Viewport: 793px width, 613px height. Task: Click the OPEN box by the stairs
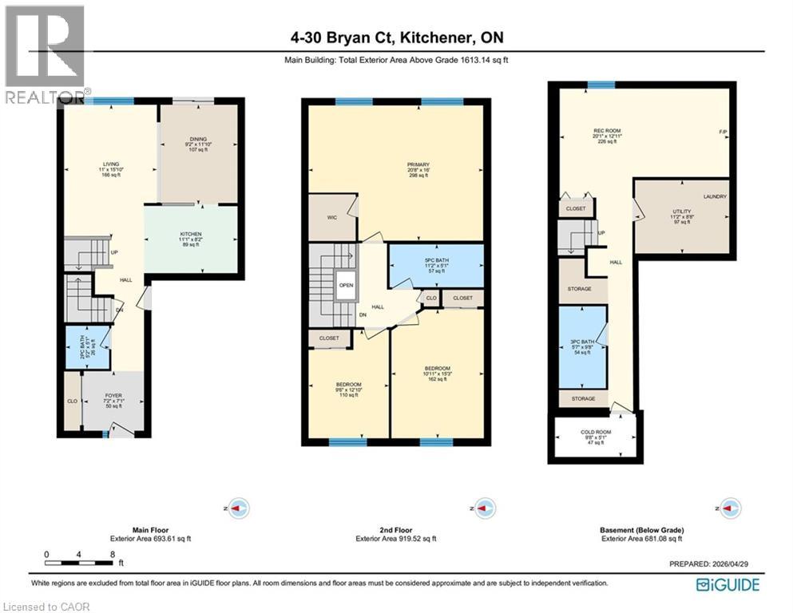click(346, 284)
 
